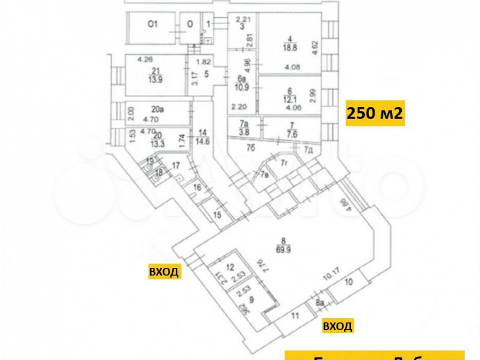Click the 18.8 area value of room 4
(289, 48)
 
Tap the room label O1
(153, 24)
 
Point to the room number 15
(217, 215)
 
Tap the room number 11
(295, 316)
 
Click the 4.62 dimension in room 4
(315, 48)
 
